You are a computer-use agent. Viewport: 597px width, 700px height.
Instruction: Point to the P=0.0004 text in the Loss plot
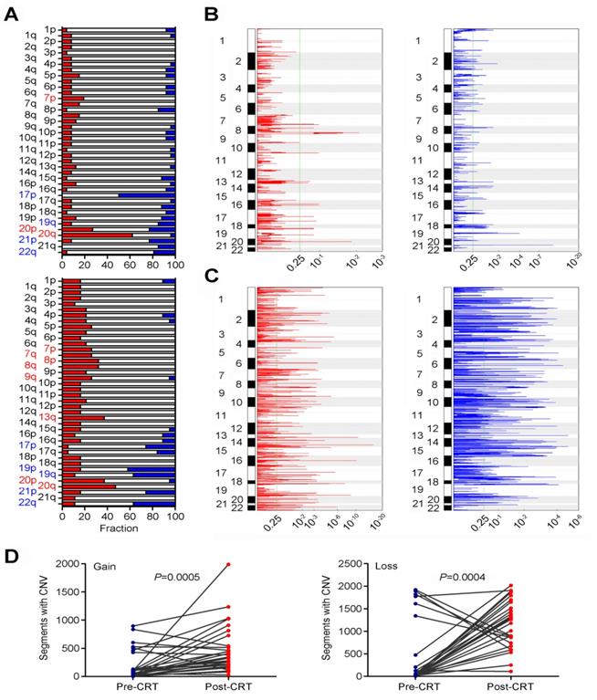(466, 576)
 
